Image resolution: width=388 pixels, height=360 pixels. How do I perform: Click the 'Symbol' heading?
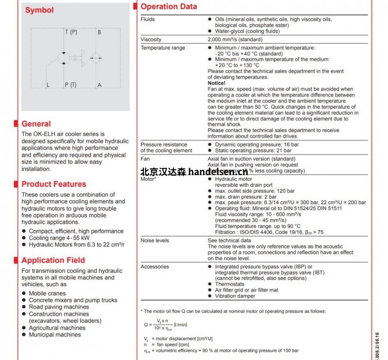(x=39, y=10)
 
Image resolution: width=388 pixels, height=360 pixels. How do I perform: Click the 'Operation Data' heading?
(x=169, y=7)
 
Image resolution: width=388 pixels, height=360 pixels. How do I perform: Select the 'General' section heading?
(x=36, y=124)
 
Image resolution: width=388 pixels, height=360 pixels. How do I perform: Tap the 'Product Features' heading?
(x=53, y=184)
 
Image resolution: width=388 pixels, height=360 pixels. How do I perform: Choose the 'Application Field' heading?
(x=53, y=260)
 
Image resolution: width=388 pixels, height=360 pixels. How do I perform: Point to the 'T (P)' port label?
(x=71, y=33)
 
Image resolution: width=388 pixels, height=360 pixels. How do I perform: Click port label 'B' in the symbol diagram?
(x=99, y=33)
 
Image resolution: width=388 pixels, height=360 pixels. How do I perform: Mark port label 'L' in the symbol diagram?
(x=48, y=85)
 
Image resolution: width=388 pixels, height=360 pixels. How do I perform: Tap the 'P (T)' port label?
(x=71, y=85)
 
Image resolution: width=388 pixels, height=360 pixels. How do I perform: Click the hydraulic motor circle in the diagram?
(x=64, y=58)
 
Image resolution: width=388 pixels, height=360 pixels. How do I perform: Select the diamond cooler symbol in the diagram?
(x=95, y=58)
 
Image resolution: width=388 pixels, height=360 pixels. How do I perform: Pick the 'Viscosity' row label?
(x=151, y=39)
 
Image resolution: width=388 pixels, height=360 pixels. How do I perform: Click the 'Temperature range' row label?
(x=162, y=48)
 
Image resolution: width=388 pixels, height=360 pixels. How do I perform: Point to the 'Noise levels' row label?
(x=155, y=241)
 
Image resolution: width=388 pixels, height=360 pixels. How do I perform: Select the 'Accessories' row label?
(x=155, y=267)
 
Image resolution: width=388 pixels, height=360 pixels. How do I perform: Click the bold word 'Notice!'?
(x=216, y=83)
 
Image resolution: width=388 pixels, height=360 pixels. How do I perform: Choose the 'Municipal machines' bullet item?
(x=55, y=335)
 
